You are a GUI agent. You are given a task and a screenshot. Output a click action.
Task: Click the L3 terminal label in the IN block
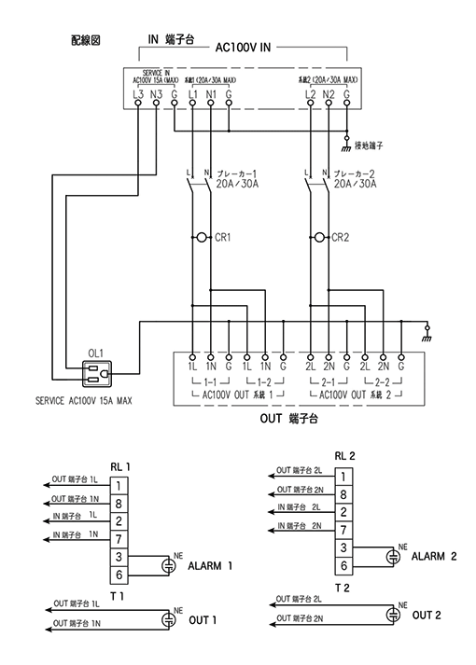coord(137,94)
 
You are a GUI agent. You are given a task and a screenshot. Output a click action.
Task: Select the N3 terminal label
coord(156,94)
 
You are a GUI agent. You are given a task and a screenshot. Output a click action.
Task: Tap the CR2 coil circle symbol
coord(318,238)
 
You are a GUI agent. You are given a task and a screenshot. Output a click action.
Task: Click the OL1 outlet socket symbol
coord(96,375)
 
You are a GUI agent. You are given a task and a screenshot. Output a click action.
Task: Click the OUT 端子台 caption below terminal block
coord(289,421)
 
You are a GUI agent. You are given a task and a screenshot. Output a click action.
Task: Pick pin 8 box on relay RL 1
coord(119,504)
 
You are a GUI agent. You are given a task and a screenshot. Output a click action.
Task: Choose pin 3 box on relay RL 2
coord(344,547)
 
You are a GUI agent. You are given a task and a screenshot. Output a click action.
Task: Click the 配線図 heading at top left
coord(85,42)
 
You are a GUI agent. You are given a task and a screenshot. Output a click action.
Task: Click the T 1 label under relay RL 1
coord(117,594)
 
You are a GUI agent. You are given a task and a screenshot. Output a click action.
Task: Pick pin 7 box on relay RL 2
coord(344,530)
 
